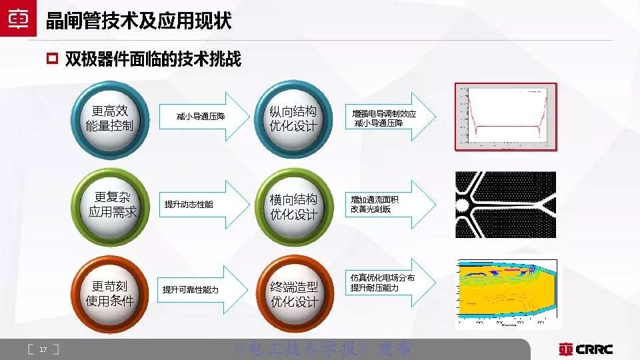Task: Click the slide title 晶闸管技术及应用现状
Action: (139, 21)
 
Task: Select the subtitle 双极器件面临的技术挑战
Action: (153, 59)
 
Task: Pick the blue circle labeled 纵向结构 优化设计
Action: (293, 118)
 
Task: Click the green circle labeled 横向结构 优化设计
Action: (293, 207)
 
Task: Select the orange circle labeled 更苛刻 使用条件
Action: (110, 293)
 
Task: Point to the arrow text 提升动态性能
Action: (189, 204)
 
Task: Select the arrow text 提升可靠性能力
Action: (191, 290)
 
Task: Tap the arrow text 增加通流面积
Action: (375, 199)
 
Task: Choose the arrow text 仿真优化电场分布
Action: (382, 278)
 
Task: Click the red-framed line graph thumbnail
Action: (505, 116)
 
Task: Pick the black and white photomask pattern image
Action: (505, 205)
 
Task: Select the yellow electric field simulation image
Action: (505, 293)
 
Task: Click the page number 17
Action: (43, 349)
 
